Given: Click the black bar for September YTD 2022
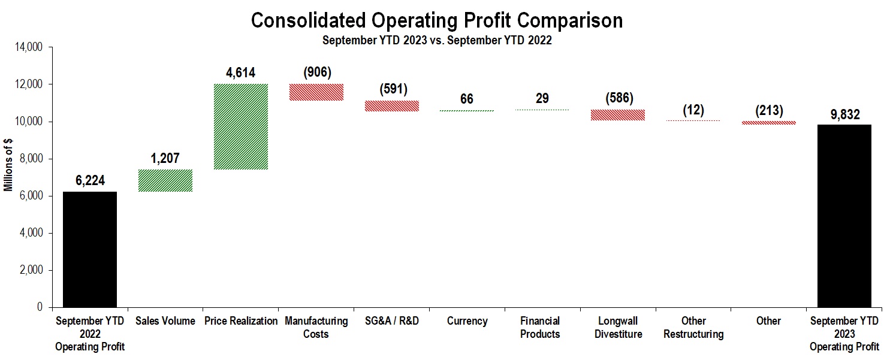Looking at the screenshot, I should point(90,249).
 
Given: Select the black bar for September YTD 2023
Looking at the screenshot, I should point(844,216).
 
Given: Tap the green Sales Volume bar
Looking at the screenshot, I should point(165,180).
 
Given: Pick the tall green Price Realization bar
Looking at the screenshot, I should point(240,126).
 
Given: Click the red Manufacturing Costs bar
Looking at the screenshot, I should point(316,92).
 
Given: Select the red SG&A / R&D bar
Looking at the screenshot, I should point(391,105).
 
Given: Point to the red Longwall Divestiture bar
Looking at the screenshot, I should point(618,115).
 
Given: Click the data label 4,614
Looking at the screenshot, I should point(240,73).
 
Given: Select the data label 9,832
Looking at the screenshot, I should point(844,114).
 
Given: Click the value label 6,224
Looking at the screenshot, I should point(90,181).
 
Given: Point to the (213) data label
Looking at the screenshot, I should point(768,111).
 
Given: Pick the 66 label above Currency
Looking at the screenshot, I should point(467,99).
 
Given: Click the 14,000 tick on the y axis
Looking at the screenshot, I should point(29,47).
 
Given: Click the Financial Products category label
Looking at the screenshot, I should point(540,327).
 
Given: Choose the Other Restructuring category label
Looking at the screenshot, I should point(693,327).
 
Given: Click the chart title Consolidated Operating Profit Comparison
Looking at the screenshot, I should point(436,20).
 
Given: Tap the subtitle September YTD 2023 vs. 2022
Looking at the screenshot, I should point(436,41).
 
